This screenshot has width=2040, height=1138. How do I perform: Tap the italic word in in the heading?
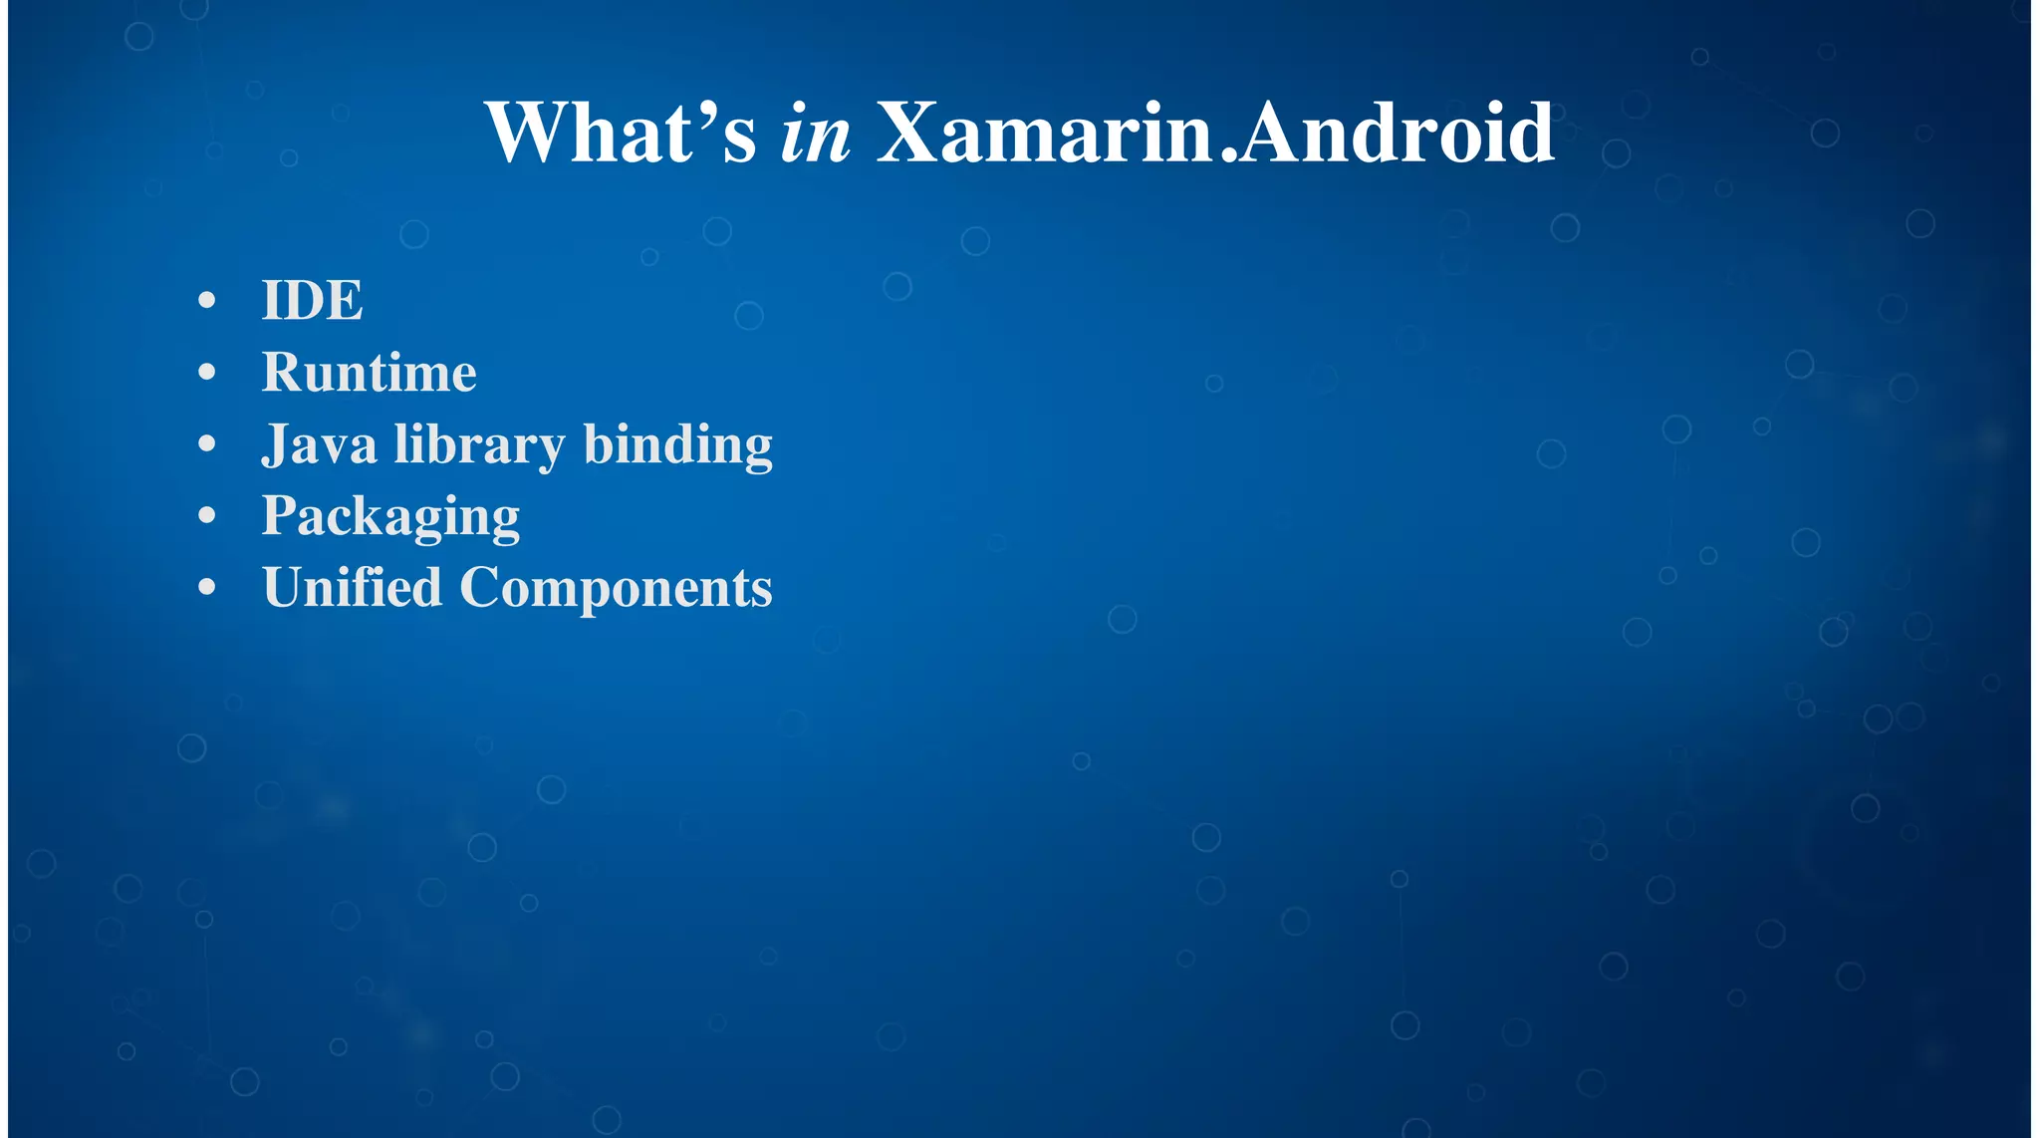point(815,135)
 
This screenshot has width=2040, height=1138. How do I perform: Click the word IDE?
point(312,300)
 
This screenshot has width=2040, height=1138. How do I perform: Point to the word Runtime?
point(369,373)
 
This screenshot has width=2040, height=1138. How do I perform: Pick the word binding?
point(677,444)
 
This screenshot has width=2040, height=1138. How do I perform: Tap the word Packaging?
point(390,517)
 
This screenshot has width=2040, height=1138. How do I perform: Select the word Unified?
point(352,587)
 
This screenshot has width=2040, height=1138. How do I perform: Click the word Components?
point(616,589)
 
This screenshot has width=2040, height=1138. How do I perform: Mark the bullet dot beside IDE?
point(207,300)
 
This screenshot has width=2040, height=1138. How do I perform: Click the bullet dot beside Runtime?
point(207,373)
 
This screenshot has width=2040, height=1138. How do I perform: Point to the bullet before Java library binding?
point(207,444)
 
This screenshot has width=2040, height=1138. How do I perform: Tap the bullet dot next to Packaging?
point(207,516)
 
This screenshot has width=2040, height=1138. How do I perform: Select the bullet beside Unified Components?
point(207,588)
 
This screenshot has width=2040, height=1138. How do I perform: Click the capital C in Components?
point(483,588)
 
